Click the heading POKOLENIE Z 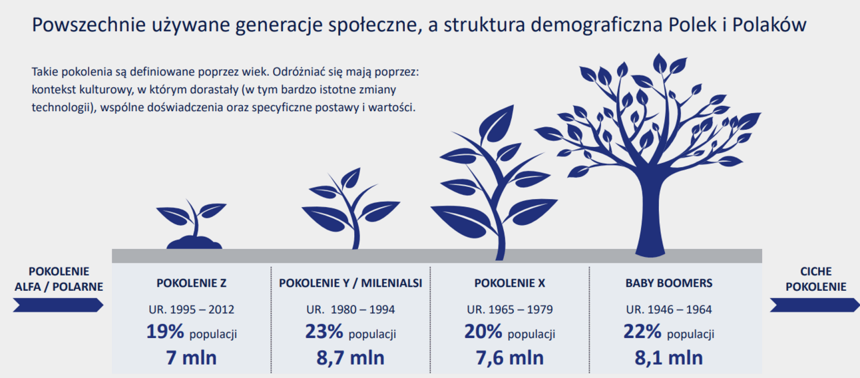click(x=191, y=283)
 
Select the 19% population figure click(x=165, y=331)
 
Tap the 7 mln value click(x=191, y=357)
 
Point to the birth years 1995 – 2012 click(x=191, y=309)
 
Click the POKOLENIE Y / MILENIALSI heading click(x=350, y=283)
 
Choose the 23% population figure click(x=324, y=331)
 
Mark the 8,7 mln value click(x=350, y=357)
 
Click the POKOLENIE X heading click(x=509, y=283)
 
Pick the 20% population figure click(x=483, y=331)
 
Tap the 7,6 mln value click(x=509, y=357)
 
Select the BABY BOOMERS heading click(x=669, y=283)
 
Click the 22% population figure click(x=642, y=331)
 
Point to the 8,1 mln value click(x=669, y=357)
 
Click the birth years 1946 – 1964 click(x=669, y=309)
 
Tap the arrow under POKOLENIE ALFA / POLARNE click(x=58, y=305)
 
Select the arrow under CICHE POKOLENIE click(x=815, y=305)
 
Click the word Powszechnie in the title click(x=89, y=25)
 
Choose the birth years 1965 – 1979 click(x=509, y=309)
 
